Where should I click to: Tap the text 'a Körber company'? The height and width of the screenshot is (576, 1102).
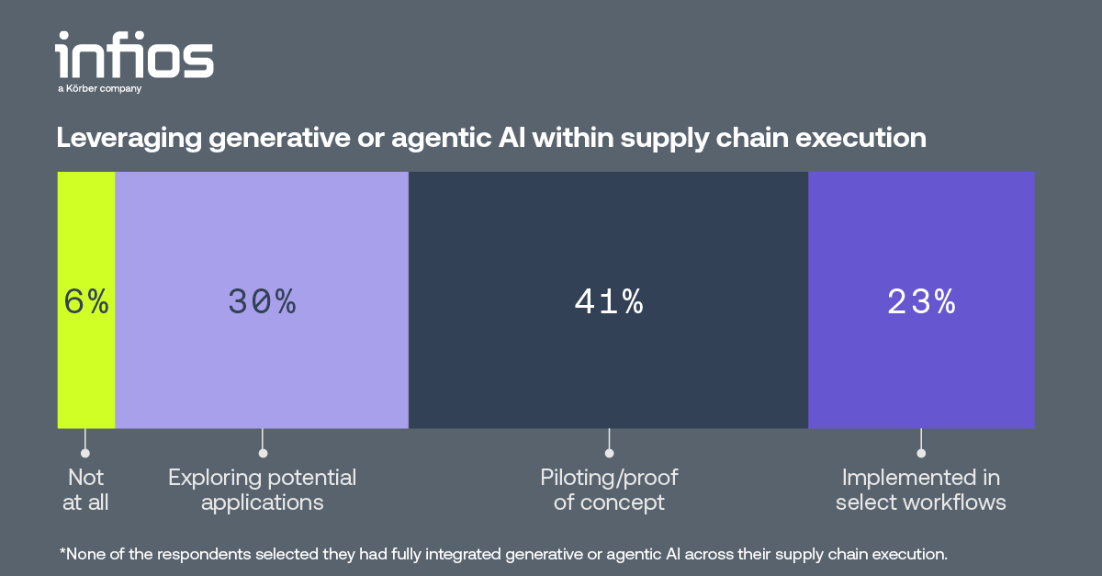(x=99, y=89)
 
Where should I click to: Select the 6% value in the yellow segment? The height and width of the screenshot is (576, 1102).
(x=86, y=301)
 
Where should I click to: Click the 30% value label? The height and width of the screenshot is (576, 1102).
(x=262, y=301)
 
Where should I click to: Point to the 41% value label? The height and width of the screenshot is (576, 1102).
(x=609, y=301)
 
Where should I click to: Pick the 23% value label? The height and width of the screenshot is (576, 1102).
(x=921, y=301)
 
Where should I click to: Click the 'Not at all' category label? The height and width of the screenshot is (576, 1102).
(x=86, y=490)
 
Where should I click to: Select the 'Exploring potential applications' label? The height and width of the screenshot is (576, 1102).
(x=262, y=490)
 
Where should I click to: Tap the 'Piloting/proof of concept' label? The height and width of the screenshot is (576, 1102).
(x=609, y=490)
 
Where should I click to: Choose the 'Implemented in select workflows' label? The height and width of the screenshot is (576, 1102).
(x=921, y=490)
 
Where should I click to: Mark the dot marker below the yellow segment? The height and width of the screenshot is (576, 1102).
(x=85, y=453)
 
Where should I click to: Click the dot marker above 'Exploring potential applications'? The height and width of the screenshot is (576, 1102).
(x=263, y=453)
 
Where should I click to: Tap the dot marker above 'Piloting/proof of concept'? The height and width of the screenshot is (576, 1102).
(x=609, y=453)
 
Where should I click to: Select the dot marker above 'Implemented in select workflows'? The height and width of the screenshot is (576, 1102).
(x=921, y=453)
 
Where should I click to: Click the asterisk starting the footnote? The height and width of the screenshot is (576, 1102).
(x=62, y=551)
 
